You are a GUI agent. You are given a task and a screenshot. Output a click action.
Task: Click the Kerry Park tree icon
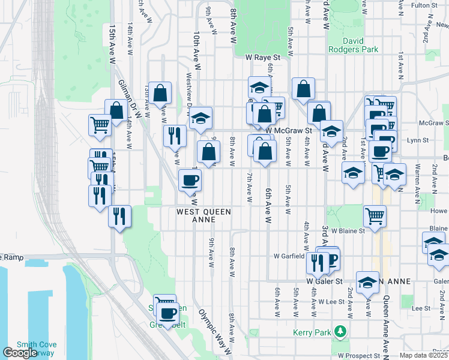click(340, 331)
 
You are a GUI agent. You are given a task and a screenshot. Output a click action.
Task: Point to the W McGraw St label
click(290, 130)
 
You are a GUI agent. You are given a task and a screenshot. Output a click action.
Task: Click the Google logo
click(20, 353)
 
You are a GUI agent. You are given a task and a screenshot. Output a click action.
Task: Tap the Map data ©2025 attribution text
click(424, 355)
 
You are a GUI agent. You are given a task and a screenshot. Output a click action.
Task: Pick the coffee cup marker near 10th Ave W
click(190, 181)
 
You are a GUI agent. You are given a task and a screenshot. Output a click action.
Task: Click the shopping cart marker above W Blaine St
click(375, 215)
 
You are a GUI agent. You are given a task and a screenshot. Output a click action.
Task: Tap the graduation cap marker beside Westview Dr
click(201, 118)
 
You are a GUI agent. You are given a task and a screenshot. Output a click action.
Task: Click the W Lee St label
click(330, 301)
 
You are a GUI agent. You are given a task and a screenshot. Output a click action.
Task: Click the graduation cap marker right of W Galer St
click(367, 283)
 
